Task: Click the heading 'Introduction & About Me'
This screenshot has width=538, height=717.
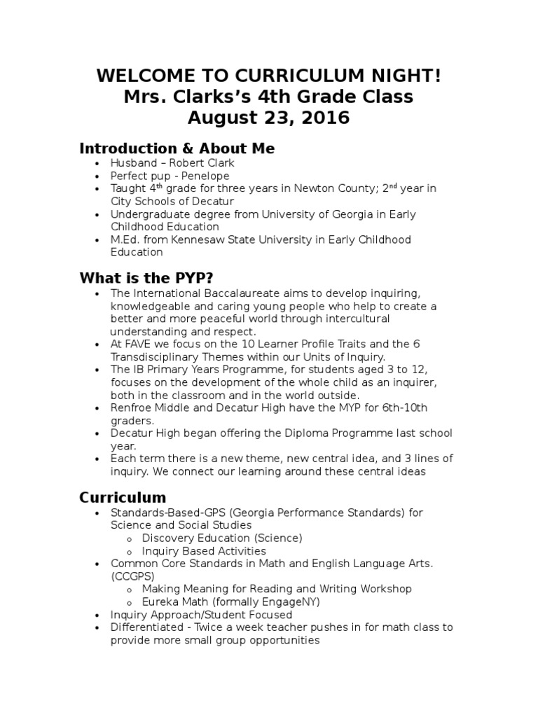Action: [x=177, y=148]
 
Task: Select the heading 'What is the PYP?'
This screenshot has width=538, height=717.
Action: [x=146, y=277]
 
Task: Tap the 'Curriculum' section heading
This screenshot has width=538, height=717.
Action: [x=123, y=498]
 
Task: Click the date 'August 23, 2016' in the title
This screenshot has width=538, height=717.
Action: [x=268, y=117]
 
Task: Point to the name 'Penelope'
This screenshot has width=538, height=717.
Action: [x=207, y=176]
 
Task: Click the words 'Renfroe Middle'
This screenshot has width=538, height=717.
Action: [x=145, y=408]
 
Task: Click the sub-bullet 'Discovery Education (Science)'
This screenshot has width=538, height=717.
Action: [x=222, y=538]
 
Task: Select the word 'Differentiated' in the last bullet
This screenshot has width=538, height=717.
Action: [x=144, y=627]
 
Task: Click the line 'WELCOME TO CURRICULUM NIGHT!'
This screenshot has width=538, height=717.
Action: [x=268, y=75]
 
